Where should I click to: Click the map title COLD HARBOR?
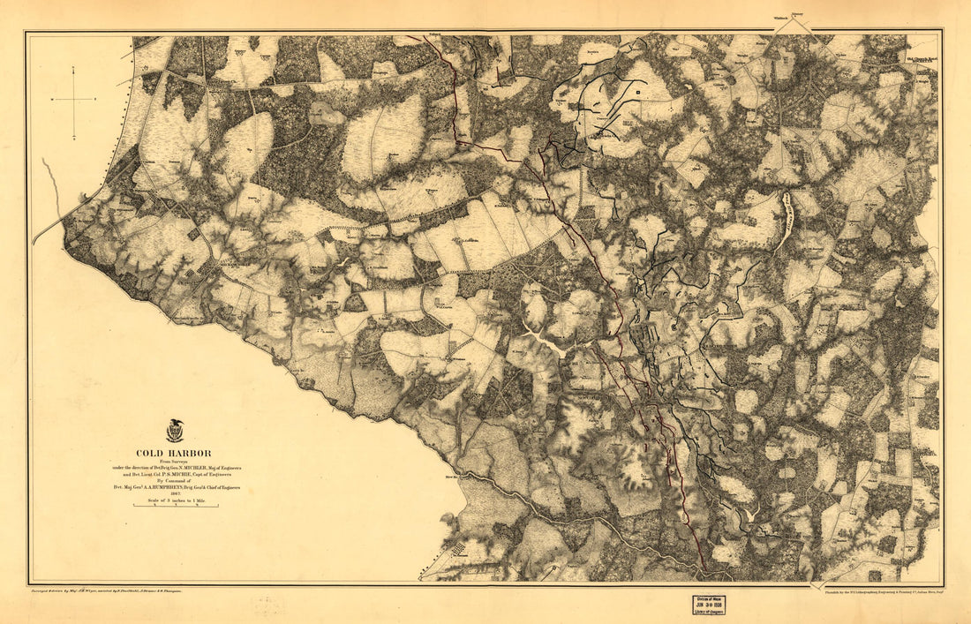[x=181, y=454]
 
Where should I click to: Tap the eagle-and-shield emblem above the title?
[x=174, y=432]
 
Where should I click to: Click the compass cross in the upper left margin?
[x=74, y=101]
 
